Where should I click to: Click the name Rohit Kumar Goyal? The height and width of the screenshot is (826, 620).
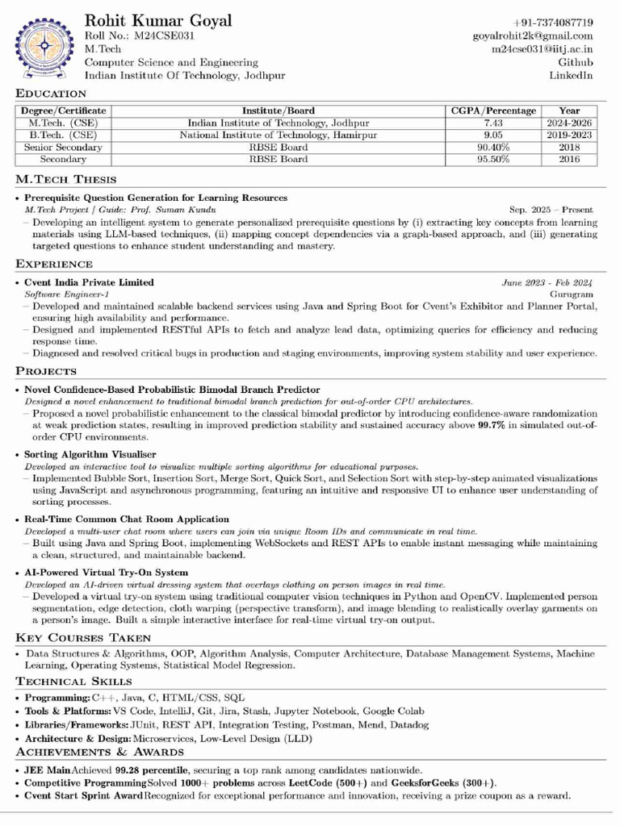157,21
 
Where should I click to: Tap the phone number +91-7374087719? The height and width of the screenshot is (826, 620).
553,23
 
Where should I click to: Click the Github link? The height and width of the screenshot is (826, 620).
576,62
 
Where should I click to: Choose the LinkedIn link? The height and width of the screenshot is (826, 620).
571,75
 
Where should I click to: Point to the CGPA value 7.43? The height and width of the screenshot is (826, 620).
493,123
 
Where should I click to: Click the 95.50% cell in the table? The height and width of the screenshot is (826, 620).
493,160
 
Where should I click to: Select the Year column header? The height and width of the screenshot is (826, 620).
568,111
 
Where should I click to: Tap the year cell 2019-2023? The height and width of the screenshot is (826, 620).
568,136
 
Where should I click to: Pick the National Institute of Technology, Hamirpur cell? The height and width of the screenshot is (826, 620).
279,136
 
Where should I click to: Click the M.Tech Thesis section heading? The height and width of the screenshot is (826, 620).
66,179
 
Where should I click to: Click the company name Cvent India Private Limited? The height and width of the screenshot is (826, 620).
89,282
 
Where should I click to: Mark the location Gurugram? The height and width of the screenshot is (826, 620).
572,294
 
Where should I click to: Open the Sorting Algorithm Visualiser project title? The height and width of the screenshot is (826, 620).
90,455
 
